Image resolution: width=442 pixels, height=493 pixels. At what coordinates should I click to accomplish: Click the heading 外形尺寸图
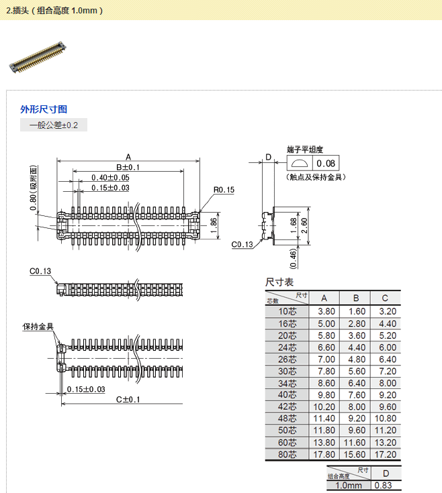coord(44,109)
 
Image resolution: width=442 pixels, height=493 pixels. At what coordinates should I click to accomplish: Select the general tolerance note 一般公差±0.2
coord(53,125)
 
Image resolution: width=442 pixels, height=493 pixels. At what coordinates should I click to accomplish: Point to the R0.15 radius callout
coord(224,190)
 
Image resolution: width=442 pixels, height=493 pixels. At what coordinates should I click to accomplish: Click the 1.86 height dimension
coord(214,222)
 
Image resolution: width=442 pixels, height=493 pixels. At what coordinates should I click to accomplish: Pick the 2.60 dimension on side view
coord(304,222)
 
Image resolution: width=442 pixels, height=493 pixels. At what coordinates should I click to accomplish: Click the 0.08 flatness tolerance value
coord(326,164)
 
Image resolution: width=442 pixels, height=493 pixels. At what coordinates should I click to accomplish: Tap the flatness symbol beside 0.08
coord(300,164)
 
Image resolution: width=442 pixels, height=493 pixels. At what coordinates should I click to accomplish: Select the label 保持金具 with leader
coord(38,327)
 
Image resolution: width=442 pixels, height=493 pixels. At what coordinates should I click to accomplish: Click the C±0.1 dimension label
coord(128,400)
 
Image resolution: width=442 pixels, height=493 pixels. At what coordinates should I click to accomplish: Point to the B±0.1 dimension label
coord(128,167)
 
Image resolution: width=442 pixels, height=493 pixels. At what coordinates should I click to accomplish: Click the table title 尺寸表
coord(279,282)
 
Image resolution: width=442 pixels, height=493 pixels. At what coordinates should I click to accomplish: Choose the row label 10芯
coord(287,311)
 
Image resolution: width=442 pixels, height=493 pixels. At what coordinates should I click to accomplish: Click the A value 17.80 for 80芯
coord(324,454)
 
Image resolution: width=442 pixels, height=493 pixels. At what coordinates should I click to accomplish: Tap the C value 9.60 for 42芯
coord(385,406)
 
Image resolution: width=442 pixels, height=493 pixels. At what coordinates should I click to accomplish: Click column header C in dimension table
coord(385,298)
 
